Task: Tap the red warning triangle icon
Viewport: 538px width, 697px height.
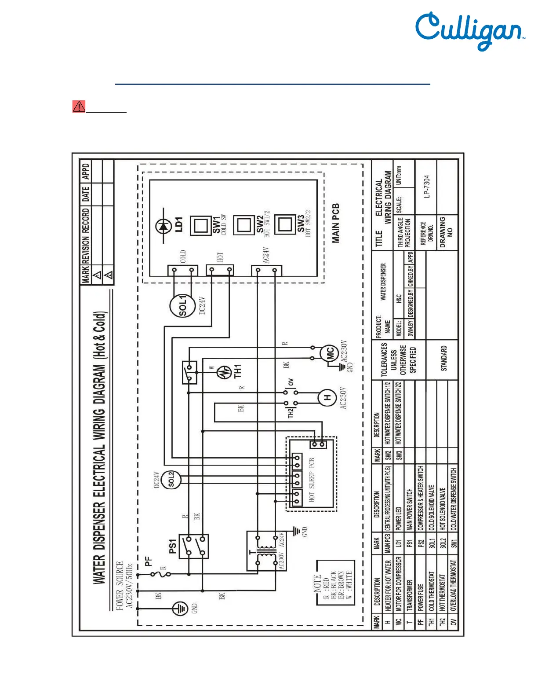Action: click(x=79, y=106)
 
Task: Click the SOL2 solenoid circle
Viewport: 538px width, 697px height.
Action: click(x=171, y=480)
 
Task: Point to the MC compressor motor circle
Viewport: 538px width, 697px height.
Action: click(x=329, y=353)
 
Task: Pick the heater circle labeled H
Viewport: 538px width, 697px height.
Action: click(x=327, y=398)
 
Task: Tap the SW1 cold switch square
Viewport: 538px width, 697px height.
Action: click(x=201, y=226)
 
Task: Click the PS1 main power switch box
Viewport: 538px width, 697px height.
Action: click(x=194, y=547)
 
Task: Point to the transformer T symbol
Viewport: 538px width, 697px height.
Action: click(x=266, y=551)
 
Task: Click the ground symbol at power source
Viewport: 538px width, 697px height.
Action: click(x=180, y=609)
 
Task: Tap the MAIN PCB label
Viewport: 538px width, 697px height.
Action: click(x=336, y=223)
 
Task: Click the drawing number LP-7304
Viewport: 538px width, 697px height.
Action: click(x=427, y=187)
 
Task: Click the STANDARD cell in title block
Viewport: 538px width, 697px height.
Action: click(x=443, y=358)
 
